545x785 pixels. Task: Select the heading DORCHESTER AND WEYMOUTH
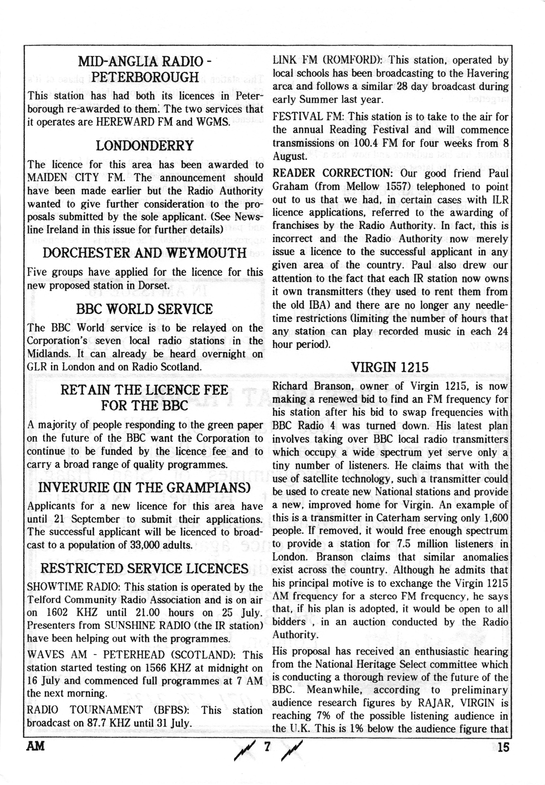click(x=145, y=253)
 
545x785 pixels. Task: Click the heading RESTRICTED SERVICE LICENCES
click(x=145, y=568)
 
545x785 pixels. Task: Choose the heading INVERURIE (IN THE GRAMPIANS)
click(x=145, y=487)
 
